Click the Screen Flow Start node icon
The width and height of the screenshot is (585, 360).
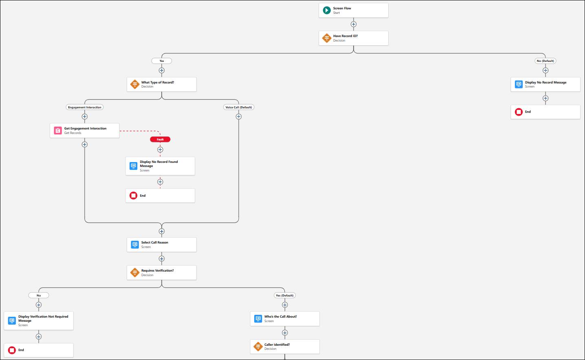[x=327, y=11]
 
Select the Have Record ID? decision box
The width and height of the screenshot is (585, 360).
[x=353, y=38]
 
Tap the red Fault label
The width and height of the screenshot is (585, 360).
[x=160, y=139]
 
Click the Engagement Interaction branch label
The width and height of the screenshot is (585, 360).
[x=85, y=108]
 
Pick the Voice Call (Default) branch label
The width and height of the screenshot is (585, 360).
[x=239, y=108]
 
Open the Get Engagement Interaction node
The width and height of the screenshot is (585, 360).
[x=85, y=131]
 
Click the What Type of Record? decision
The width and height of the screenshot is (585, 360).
[x=161, y=84]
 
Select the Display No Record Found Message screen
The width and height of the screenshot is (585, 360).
[x=160, y=166]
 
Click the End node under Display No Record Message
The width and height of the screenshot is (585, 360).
[x=545, y=112]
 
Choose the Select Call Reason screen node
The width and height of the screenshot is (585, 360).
[x=161, y=245]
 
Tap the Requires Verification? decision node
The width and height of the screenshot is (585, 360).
[x=161, y=273]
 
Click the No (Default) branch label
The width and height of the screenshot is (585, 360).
[x=545, y=61]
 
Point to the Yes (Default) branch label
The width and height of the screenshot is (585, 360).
[x=285, y=296]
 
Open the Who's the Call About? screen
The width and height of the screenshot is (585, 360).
[x=285, y=319]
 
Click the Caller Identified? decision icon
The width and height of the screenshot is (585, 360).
[x=258, y=347]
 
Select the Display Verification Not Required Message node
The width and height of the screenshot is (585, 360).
[x=39, y=321]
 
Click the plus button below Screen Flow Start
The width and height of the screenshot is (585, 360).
[x=354, y=24]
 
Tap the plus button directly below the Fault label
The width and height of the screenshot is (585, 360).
[x=160, y=150]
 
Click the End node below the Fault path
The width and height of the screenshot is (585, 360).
[x=160, y=196]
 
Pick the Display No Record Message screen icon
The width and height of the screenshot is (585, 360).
[x=519, y=84]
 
